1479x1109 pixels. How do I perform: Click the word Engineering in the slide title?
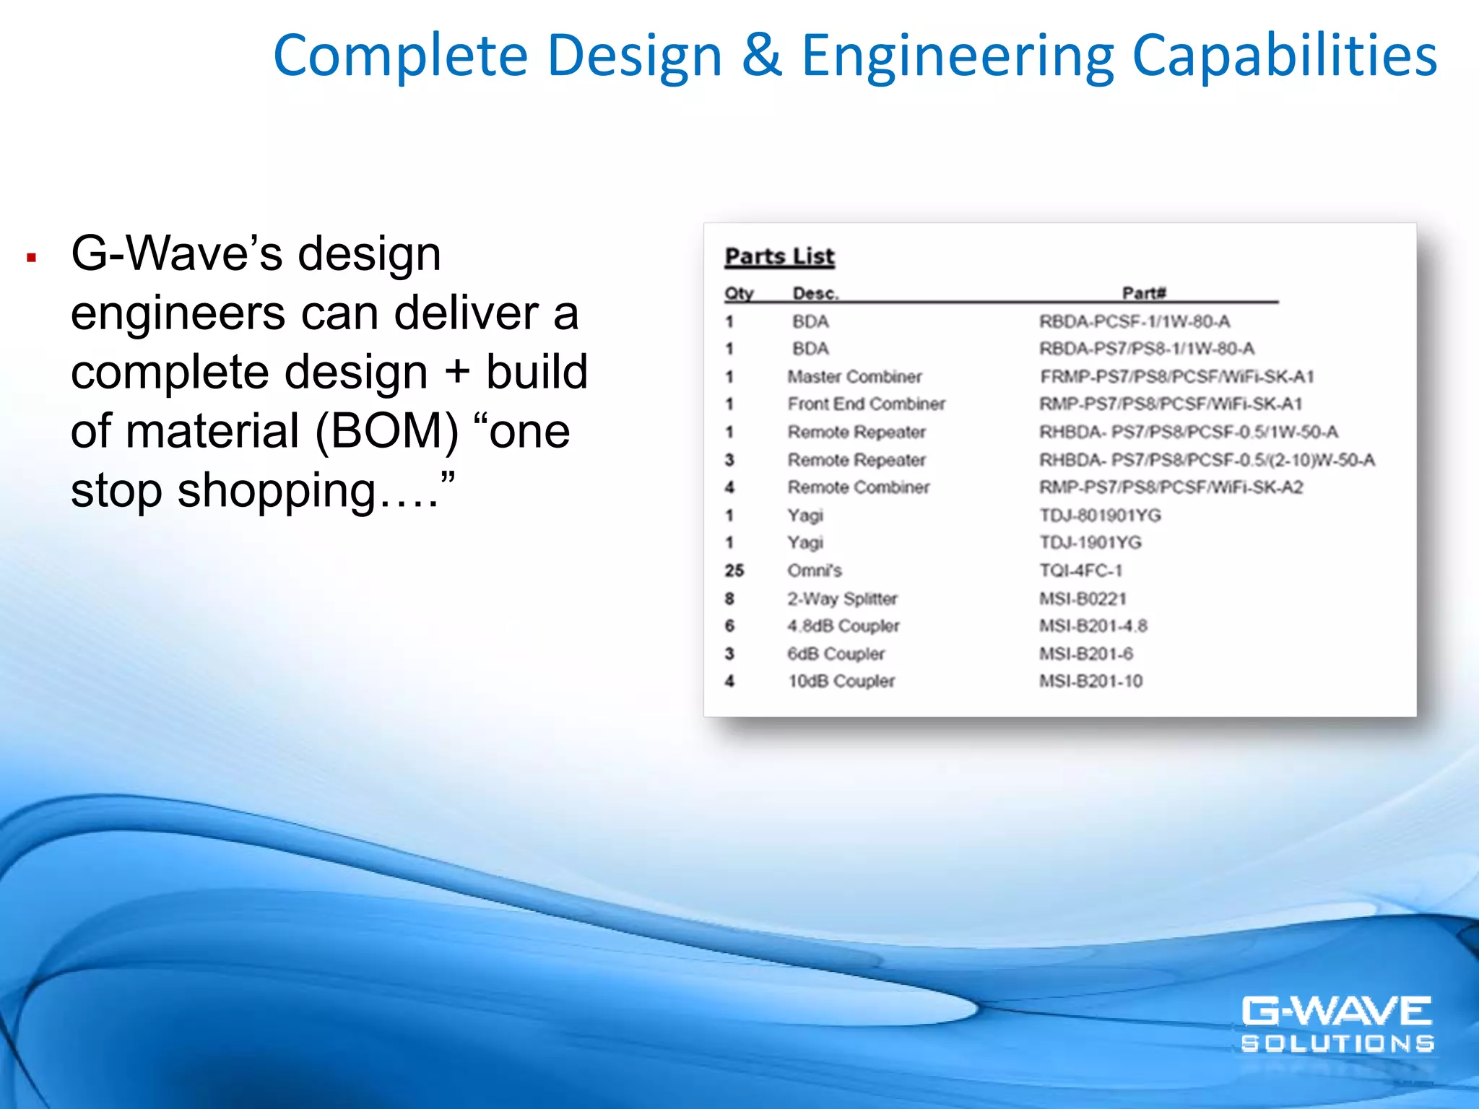[959, 56]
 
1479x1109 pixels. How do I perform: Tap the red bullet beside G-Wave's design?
[31, 257]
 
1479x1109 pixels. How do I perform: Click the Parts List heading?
[779, 257]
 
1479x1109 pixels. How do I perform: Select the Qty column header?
[739, 293]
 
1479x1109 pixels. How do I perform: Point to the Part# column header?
[1144, 292]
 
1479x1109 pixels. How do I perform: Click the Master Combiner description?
[854, 377]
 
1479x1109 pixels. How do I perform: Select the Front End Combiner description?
[866, 404]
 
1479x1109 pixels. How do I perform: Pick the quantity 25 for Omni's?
[734, 570]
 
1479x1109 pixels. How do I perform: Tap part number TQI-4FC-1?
[1081, 570]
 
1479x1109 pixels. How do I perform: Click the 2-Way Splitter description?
[842, 599]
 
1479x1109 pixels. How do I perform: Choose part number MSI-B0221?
[1083, 599]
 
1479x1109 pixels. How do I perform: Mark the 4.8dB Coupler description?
[843, 626]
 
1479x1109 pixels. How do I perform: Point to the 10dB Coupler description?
[841, 681]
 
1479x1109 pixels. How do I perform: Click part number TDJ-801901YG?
[1100, 516]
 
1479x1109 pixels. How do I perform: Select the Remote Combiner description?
[859, 487]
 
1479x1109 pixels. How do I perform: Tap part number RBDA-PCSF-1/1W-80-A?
[1135, 321]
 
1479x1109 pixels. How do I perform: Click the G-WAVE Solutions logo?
[1337, 1024]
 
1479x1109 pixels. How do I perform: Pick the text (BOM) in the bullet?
[386, 431]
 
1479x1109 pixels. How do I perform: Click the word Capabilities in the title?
[1285, 56]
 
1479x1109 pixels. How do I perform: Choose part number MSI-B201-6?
[1086, 653]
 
